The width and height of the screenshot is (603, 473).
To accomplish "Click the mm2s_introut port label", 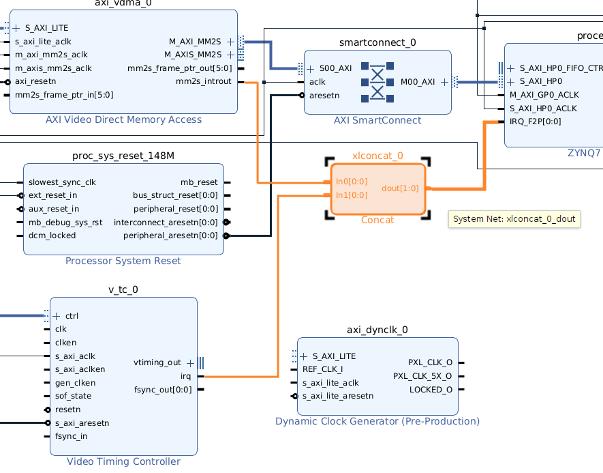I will point(203,81).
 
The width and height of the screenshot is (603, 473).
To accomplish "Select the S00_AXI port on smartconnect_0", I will point(335,68).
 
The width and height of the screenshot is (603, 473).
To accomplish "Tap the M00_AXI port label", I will point(417,82).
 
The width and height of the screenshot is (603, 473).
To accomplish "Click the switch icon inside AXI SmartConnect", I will point(377,82).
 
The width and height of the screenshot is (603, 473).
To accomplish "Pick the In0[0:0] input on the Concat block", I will point(351,182).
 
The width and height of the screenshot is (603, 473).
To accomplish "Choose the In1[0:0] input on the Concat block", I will point(351,195).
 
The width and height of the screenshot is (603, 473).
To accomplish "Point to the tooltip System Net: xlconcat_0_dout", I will point(514,219).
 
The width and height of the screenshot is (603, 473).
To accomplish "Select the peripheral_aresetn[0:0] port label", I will point(170,235).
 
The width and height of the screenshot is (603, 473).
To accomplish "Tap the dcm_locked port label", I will point(52,235).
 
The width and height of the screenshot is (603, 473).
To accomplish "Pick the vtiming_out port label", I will point(157,362).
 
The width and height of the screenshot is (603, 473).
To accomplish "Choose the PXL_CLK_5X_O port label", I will point(422,376).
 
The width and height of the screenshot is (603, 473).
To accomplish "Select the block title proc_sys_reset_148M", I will point(123,156).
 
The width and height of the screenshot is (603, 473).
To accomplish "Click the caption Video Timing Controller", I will point(123,462).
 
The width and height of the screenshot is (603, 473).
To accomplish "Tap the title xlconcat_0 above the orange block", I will point(377,156).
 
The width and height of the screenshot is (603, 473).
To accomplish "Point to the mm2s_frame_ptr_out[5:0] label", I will point(179,68).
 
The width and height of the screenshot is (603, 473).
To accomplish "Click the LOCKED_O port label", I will point(431,390).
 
